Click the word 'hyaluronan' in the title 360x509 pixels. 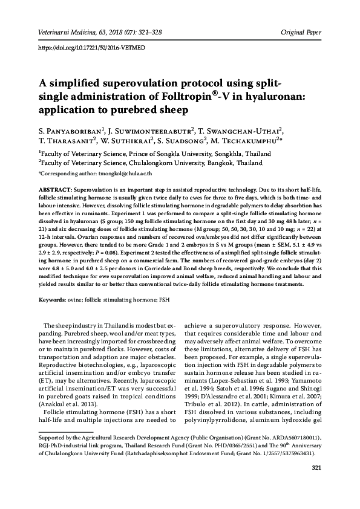point(287,97)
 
